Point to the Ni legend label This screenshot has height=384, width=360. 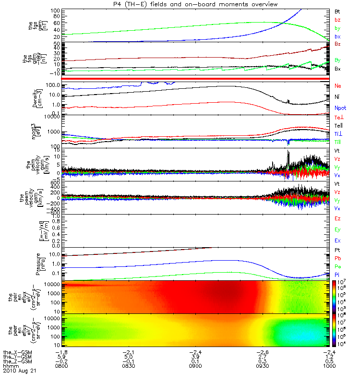coord(336,97)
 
